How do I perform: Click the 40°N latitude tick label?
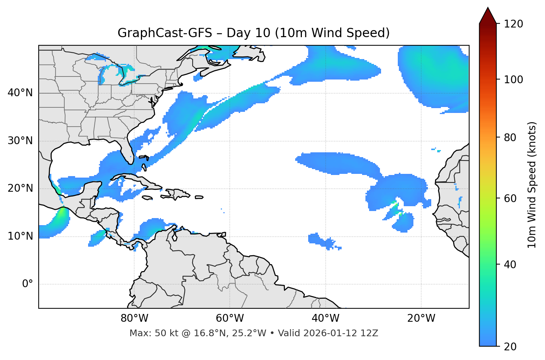coord(20,93)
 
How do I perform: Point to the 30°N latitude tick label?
coord(20,141)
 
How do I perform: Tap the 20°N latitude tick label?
coord(20,188)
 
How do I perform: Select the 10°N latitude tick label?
coord(20,236)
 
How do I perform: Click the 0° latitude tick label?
coord(28,284)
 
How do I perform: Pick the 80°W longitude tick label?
coord(134,318)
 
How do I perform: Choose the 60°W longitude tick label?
coord(230,318)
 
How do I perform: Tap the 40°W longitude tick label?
coord(325,318)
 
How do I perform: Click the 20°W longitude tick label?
coord(421,318)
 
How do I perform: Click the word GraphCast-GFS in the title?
coord(165,33)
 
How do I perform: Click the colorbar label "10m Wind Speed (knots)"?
coord(532,185)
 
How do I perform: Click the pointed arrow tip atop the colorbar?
coord(488,9)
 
